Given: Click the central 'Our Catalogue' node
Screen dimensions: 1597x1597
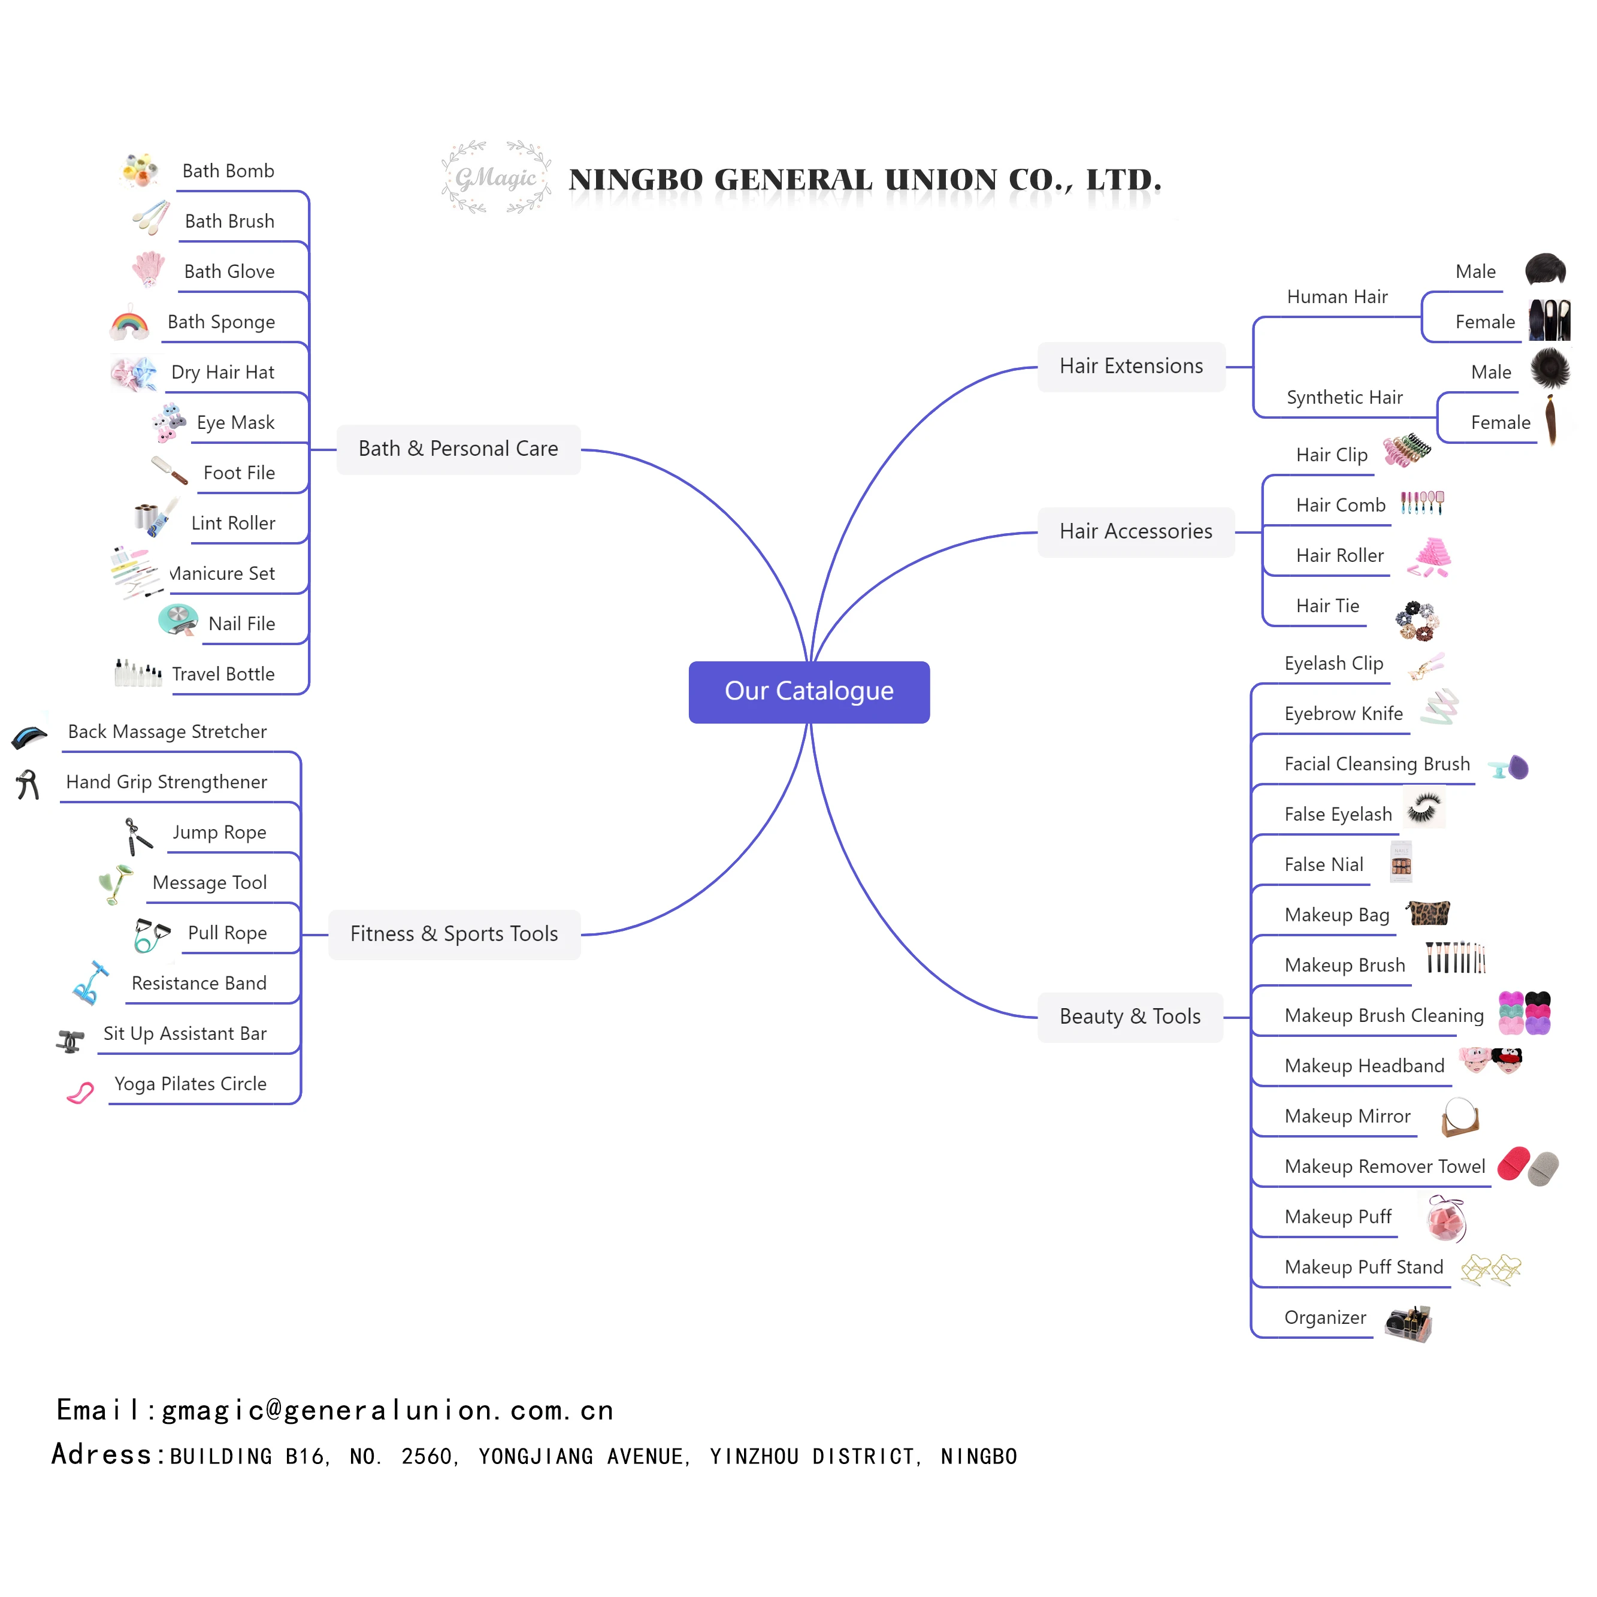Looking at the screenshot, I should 809,691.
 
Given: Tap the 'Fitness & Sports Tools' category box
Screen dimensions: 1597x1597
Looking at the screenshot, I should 454,934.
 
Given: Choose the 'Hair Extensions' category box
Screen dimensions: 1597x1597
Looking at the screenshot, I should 1131,366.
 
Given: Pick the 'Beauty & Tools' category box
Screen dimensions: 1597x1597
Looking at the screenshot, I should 1129,1017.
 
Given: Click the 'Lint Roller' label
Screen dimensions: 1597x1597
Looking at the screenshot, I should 233,523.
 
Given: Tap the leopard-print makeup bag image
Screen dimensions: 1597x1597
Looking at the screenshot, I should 1427,912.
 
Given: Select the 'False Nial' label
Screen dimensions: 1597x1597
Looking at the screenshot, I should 1323,864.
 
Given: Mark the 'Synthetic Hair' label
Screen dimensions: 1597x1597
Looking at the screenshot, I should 1344,398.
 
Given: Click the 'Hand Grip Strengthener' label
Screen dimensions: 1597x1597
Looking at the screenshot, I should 166,782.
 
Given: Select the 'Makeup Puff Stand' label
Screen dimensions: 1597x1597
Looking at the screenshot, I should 1363,1267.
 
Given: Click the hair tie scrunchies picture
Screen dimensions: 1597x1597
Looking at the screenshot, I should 1417,621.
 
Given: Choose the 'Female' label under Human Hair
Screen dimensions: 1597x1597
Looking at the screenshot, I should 1484,322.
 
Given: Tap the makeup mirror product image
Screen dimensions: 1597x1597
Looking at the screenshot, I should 1460,1117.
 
